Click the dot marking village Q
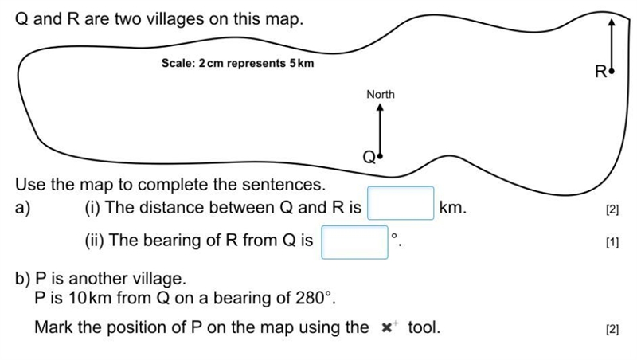[x=380, y=156]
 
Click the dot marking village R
[x=612, y=71]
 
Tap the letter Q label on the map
[x=369, y=157]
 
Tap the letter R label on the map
[x=601, y=72]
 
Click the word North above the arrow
[x=381, y=94]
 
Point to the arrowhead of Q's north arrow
[x=380, y=107]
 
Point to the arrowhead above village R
[x=612, y=22]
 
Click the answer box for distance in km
[x=401, y=203]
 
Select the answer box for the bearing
[x=354, y=242]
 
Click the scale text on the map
[x=237, y=64]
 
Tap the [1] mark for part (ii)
[x=612, y=243]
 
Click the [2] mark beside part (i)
[x=612, y=209]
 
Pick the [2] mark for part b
[x=612, y=329]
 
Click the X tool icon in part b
[x=389, y=327]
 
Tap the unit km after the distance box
[x=453, y=208]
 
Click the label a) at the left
[x=23, y=208]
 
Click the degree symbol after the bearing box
[x=394, y=236]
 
